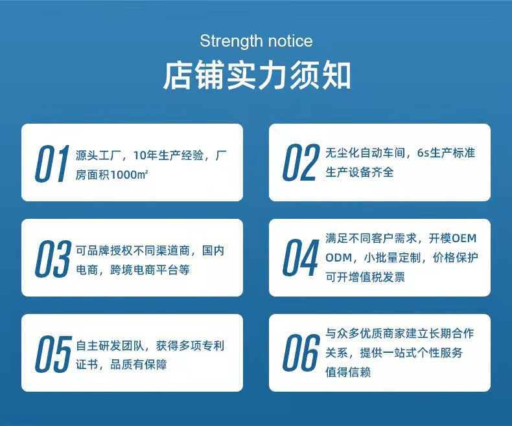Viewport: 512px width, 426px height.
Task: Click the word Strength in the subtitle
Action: [x=228, y=41]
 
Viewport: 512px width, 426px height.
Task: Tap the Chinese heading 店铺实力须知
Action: [x=256, y=75]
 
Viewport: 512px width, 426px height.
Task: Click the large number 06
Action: [x=301, y=353]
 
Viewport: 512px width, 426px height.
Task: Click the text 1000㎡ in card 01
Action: [x=130, y=175]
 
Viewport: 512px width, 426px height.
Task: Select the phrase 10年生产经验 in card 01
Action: [x=169, y=155]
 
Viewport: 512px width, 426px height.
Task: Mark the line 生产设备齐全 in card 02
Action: [x=359, y=172]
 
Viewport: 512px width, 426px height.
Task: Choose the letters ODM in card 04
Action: [x=339, y=258]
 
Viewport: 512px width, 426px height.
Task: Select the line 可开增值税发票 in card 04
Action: [x=365, y=277]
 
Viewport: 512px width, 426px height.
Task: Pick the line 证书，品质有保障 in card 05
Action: [x=121, y=365]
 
